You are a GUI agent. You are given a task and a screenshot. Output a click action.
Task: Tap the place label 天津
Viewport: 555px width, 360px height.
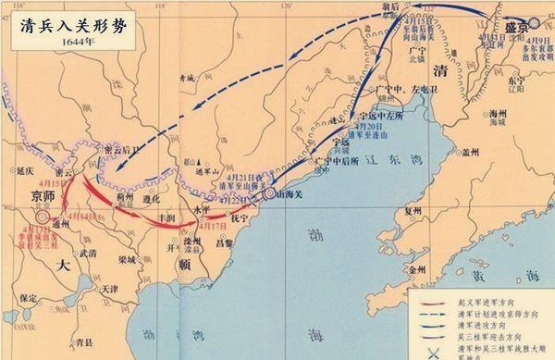click(109, 289)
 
